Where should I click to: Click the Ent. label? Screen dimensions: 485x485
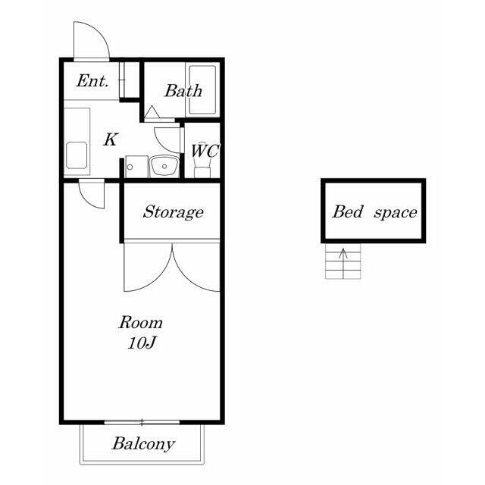click(x=92, y=81)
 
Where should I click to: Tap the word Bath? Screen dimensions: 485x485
click(x=183, y=91)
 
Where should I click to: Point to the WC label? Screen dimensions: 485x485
click(x=205, y=150)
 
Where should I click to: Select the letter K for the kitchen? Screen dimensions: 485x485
click(x=111, y=139)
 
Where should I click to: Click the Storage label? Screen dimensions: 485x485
click(x=174, y=212)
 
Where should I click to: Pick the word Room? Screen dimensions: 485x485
click(x=141, y=323)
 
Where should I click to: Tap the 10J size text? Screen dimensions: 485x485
click(x=142, y=343)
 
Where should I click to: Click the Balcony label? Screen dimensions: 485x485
click(x=143, y=444)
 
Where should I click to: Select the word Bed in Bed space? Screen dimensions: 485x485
click(x=347, y=212)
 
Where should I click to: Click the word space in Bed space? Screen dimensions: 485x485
click(x=396, y=213)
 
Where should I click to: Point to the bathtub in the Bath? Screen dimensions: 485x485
click(x=202, y=89)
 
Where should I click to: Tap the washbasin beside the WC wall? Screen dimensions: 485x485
click(x=164, y=167)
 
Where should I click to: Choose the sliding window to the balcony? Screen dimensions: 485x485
click(x=142, y=422)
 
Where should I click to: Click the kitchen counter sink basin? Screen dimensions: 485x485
click(x=77, y=155)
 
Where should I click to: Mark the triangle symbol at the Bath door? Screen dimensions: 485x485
click(x=152, y=111)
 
